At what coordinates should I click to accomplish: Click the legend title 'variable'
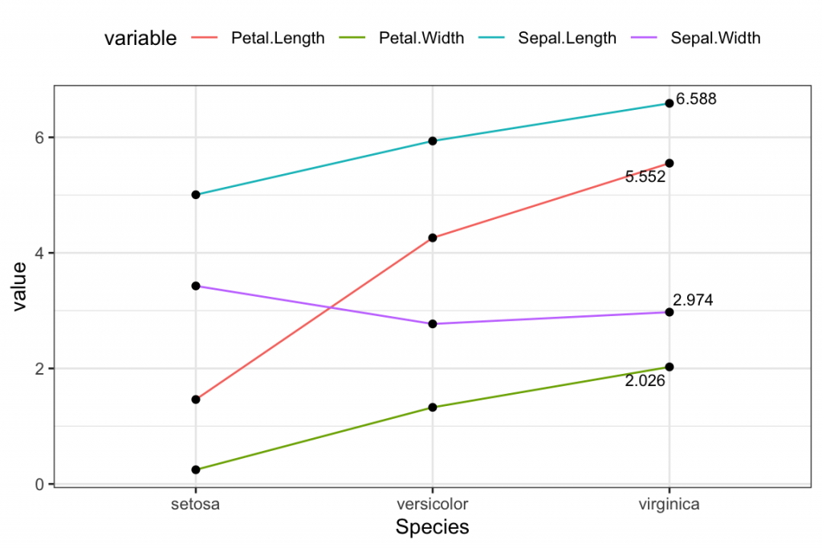(x=140, y=39)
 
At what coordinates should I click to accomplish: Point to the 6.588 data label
(x=696, y=99)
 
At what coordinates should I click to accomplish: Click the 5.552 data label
(x=645, y=177)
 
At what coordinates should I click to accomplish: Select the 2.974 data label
(x=693, y=300)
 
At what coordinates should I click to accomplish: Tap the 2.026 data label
(x=645, y=381)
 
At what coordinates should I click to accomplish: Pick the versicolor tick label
(x=433, y=505)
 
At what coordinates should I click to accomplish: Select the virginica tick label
(x=669, y=505)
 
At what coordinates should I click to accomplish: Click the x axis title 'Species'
(x=433, y=527)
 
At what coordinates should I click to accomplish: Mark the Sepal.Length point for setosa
(x=195, y=195)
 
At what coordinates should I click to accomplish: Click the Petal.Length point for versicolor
(x=433, y=237)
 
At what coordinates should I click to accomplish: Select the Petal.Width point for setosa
(x=195, y=469)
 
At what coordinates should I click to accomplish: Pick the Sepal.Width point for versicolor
(x=433, y=324)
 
